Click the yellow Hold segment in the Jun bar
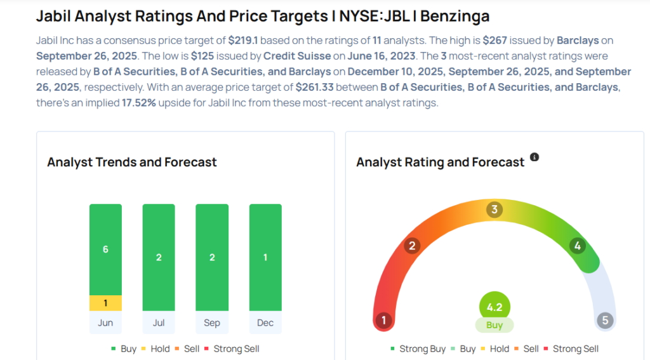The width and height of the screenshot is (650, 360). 105,303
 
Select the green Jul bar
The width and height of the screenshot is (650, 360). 159,257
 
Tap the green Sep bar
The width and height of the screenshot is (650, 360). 212,257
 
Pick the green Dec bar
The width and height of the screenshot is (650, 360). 265,257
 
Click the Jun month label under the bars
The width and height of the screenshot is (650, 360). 105,323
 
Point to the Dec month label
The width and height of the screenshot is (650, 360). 265,323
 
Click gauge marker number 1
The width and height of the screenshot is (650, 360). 384,321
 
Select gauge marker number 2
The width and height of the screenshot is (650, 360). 412,246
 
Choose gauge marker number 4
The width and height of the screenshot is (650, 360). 577,246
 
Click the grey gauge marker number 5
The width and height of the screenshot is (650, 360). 605,321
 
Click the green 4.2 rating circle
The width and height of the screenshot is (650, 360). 494,308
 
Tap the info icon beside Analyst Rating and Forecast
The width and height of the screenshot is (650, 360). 534,157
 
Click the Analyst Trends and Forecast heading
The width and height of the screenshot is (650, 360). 132,162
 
